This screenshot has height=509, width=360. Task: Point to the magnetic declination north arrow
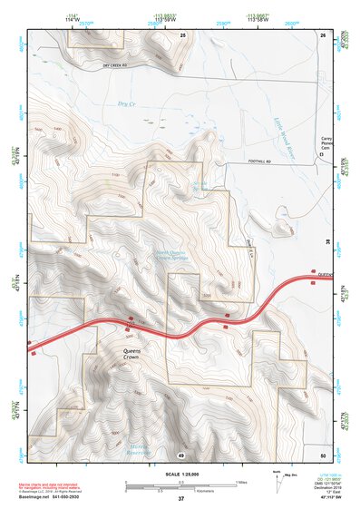coord(277,485)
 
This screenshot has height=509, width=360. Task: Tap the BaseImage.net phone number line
coord(56,497)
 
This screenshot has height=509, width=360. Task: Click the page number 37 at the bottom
coord(180,499)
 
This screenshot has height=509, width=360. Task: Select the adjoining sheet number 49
coord(181,454)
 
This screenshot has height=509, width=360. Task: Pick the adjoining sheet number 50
coord(323,454)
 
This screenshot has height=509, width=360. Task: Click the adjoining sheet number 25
coord(181,34)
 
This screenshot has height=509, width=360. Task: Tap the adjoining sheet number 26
coord(323,34)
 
